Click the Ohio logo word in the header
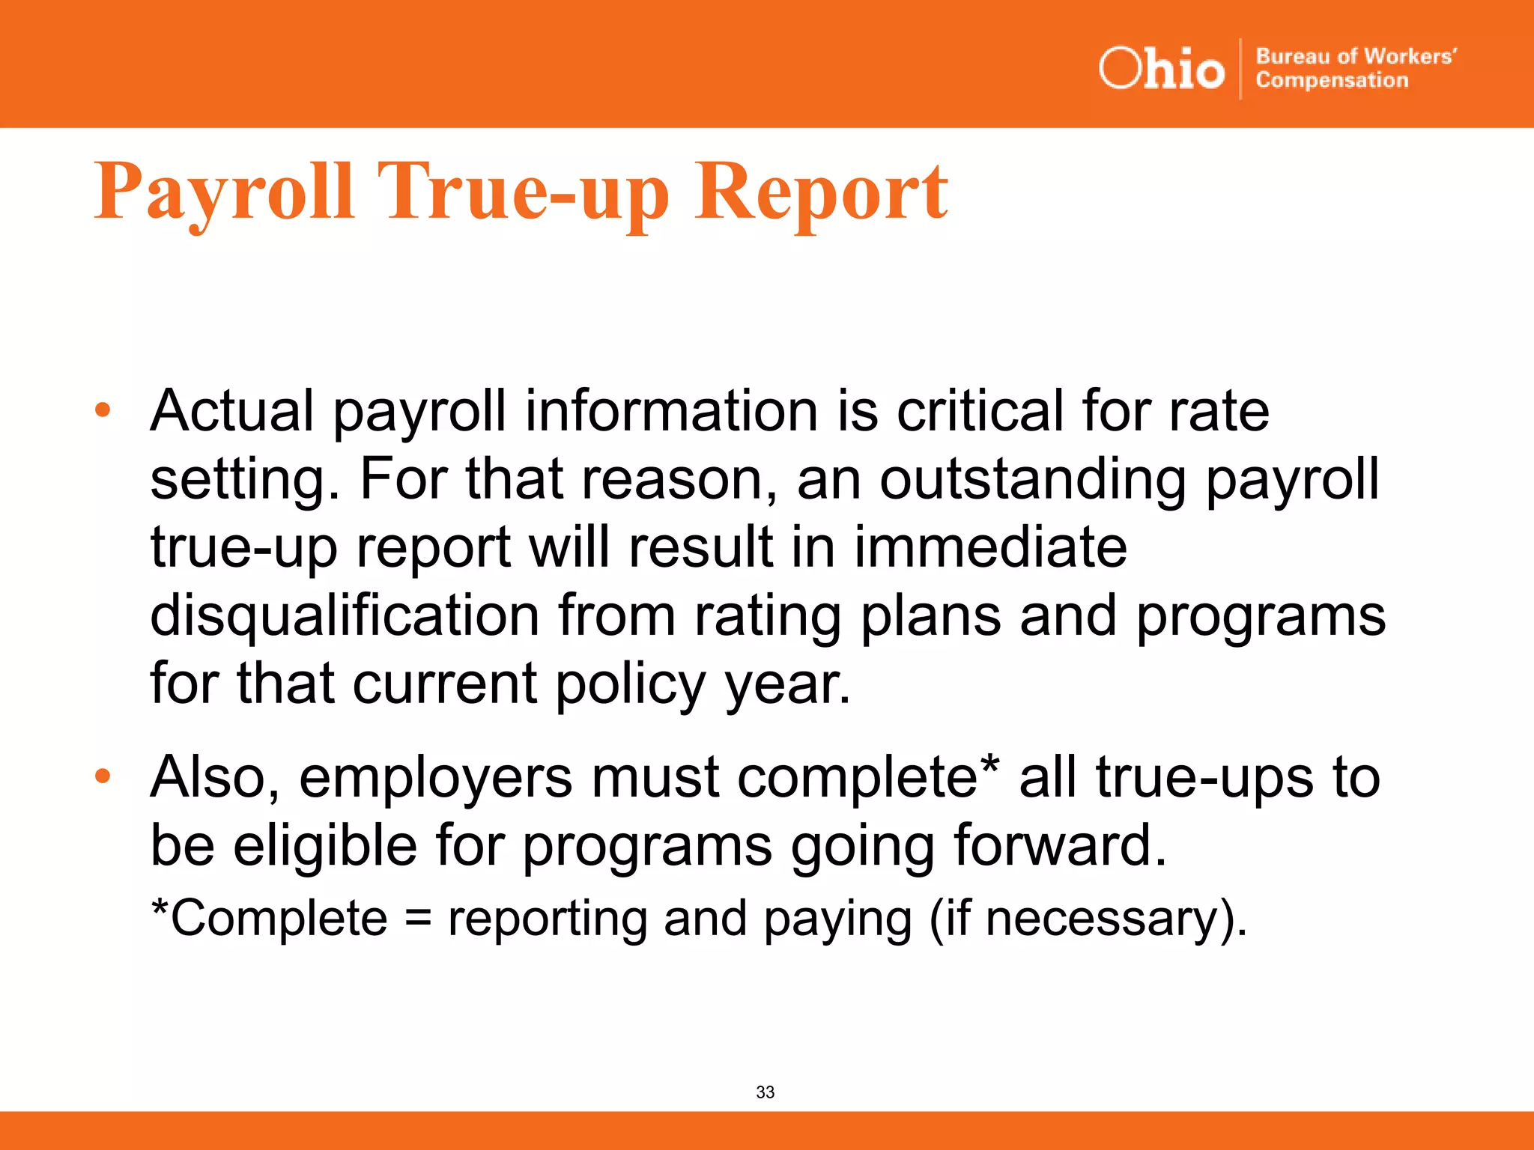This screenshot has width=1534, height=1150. pyautogui.click(x=1161, y=69)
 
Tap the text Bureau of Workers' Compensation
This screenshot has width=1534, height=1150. pyautogui.click(x=1355, y=68)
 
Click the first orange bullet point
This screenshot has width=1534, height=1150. pyautogui.click(x=103, y=410)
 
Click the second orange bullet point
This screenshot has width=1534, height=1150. pyautogui.click(x=103, y=776)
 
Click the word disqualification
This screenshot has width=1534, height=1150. pyautogui.click(x=345, y=615)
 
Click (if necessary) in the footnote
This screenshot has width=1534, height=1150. pyautogui.click(x=1088, y=919)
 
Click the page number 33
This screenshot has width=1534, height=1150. pyautogui.click(x=766, y=1092)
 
